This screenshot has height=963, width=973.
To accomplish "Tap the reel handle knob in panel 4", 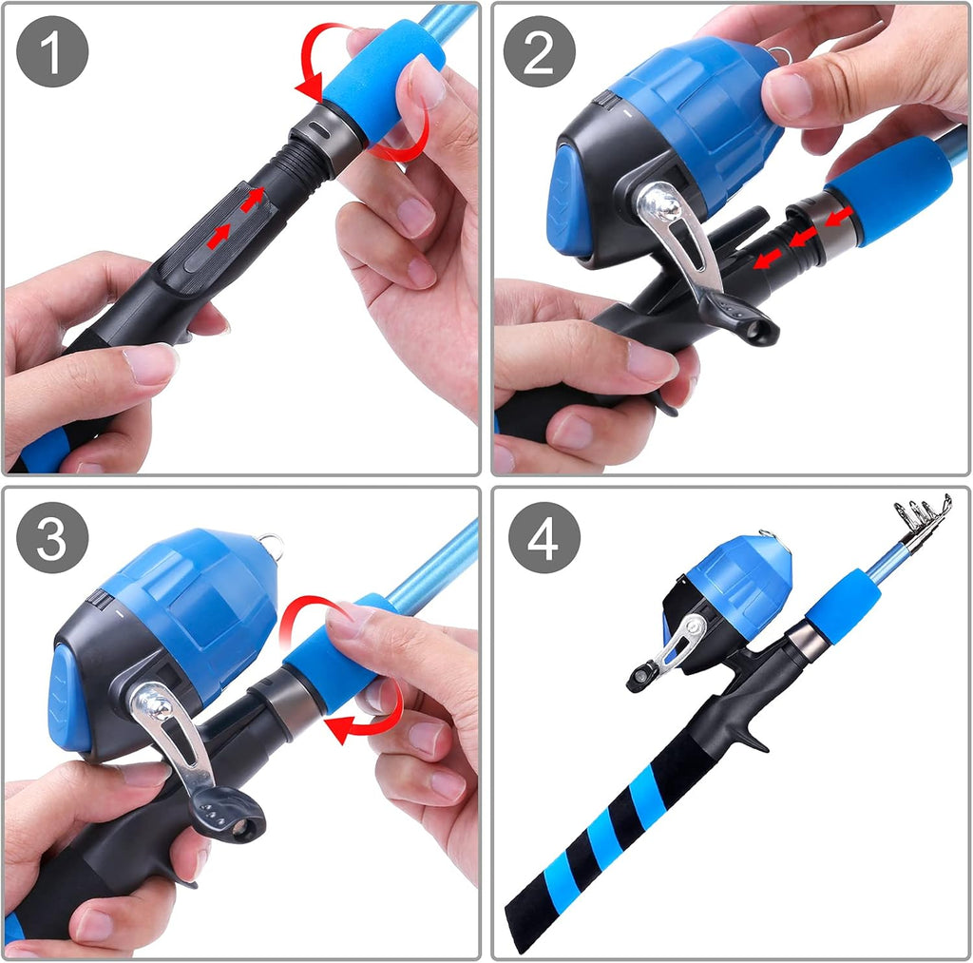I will (x=639, y=678).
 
